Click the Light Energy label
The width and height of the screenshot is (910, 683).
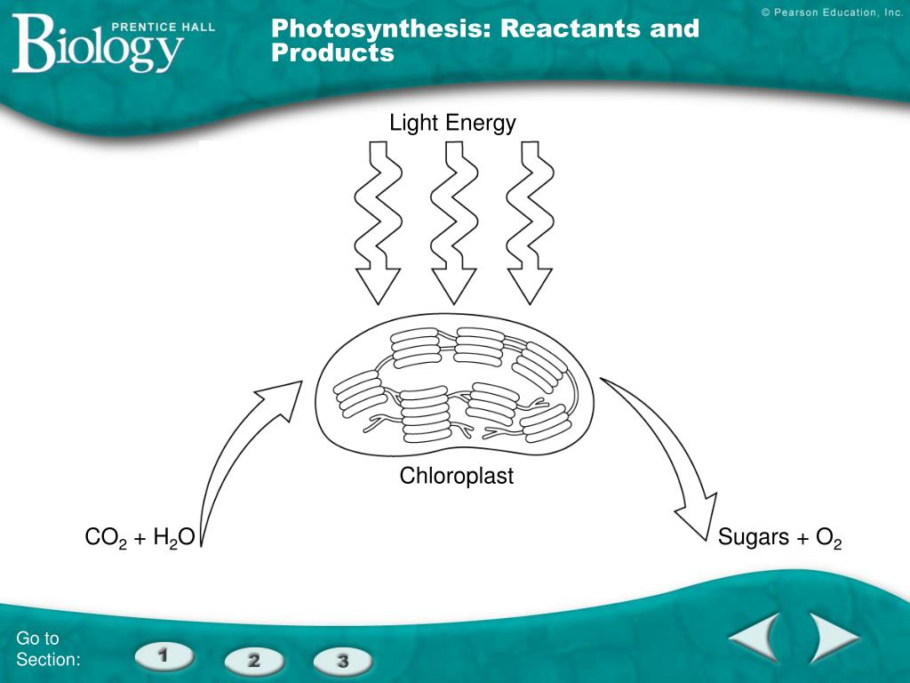(452, 123)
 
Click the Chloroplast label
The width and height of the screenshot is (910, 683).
(456, 476)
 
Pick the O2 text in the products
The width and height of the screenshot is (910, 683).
(828, 538)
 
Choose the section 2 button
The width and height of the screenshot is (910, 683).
(253, 661)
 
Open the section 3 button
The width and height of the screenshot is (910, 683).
(342, 661)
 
